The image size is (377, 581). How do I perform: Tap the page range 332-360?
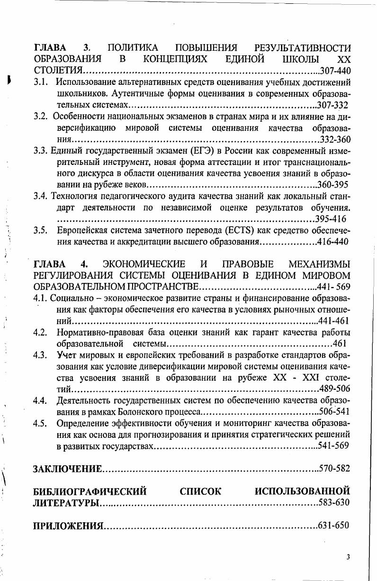[335, 139]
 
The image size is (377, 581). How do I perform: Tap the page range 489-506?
[334, 389]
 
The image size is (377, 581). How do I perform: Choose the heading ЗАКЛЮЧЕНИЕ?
[67, 469]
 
